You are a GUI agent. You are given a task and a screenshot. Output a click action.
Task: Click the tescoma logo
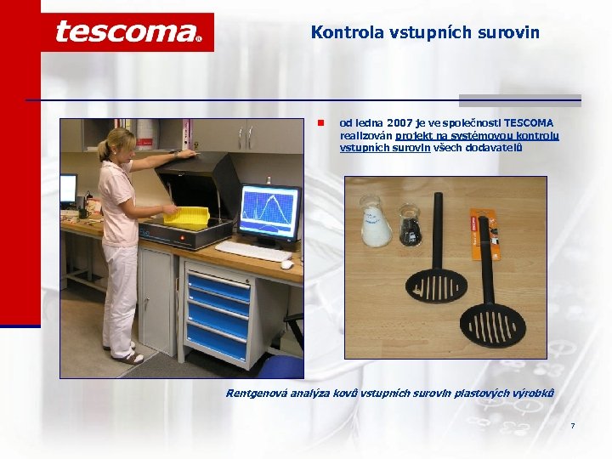[x=127, y=32]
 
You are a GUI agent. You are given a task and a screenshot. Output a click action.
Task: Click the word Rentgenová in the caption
[x=258, y=393]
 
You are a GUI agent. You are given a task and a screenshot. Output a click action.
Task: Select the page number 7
[x=573, y=425]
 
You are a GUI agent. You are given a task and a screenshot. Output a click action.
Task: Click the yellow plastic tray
[x=186, y=215]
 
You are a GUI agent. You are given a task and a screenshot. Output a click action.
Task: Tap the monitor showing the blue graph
[x=269, y=212]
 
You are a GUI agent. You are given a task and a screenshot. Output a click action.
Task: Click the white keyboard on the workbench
[x=252, y=251]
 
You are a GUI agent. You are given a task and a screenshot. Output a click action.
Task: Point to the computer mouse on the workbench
[x=287, y=263]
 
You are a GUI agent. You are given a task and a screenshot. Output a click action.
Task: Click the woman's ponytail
[x=105, y=148]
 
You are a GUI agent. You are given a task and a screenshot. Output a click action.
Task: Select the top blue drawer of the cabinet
[x=218, y=284]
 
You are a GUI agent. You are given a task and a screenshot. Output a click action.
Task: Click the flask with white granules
[x=375, y=223]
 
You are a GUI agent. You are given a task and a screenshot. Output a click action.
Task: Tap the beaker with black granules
[x=410, y=225]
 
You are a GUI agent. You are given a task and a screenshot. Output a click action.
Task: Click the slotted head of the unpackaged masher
[x=434, y=289]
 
